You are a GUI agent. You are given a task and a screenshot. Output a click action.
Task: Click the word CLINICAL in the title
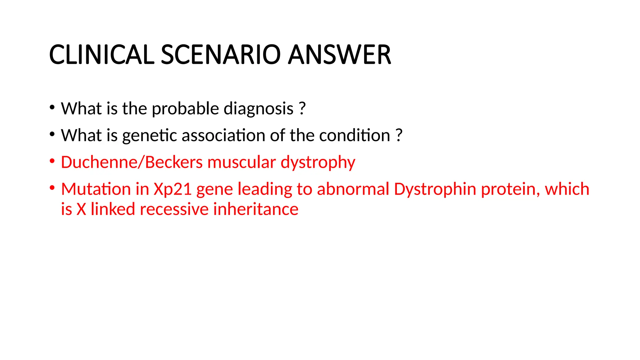click(x=102, y=55)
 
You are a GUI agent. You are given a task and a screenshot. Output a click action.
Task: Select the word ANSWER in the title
click(x=339, y=55)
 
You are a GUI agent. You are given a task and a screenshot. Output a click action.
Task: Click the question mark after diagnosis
click(x=302, y=109)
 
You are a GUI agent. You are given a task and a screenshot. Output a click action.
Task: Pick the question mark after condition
click(x=399, y=136)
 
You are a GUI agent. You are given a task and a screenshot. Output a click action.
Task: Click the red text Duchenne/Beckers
click(x=132, y=162)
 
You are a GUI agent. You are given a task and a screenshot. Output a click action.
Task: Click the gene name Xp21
click(x=172, y=189)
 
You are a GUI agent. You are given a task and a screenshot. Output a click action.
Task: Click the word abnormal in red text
click(x=353, y=189)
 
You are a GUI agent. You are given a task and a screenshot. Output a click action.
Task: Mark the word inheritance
click(x=256, y=209)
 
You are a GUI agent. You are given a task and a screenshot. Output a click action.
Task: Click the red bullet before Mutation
click(x=52, y=188)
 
